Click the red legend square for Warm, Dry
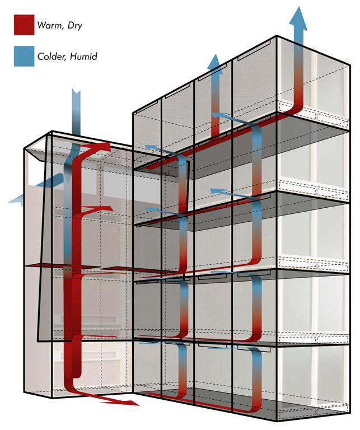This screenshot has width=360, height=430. pos(24,25)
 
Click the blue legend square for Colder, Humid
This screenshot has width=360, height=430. pos(24,56)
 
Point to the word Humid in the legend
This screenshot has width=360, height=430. pos(83,57)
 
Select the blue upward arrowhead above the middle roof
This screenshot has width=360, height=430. pos(215,64)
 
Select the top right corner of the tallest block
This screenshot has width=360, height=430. pos(350,65)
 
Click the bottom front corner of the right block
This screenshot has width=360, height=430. pos(277,421)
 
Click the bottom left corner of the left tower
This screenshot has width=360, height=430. pos(24,392)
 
